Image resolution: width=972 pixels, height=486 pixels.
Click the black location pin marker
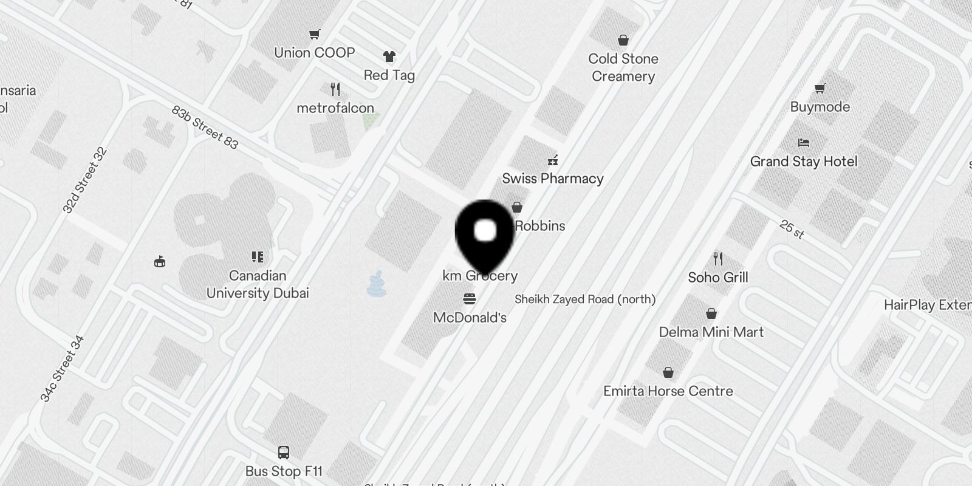[485, 234]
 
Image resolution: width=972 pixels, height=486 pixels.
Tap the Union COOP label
[314, 53]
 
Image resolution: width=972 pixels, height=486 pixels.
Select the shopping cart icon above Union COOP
[314, 35]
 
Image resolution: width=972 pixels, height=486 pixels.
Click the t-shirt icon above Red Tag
[389, 56]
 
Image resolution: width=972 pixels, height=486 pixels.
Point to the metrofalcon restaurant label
[335, 108]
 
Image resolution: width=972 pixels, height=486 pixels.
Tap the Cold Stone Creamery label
[623, 67]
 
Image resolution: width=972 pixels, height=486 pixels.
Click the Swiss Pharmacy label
[553, 179]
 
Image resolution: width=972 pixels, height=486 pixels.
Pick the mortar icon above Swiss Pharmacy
[553, 160]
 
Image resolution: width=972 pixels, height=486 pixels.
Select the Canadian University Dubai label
[258, 284]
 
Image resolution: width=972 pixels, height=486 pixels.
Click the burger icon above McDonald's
[470, 299]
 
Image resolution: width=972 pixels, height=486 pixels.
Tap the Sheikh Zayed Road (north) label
[585, 299]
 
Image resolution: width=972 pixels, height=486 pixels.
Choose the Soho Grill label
[718, 278]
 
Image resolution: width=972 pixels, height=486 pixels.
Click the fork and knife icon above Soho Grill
[718, 259]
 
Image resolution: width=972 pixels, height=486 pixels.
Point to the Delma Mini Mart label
[711, 332]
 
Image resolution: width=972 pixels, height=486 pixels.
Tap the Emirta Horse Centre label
[668, 391]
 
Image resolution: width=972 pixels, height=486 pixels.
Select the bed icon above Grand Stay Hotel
[804, 143]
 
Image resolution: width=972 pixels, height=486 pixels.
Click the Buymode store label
[820, 107]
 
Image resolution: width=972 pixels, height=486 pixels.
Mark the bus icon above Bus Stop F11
[284, 453]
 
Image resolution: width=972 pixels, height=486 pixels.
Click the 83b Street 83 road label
[205, 128]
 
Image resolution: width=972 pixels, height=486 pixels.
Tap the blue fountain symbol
[377, 284]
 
